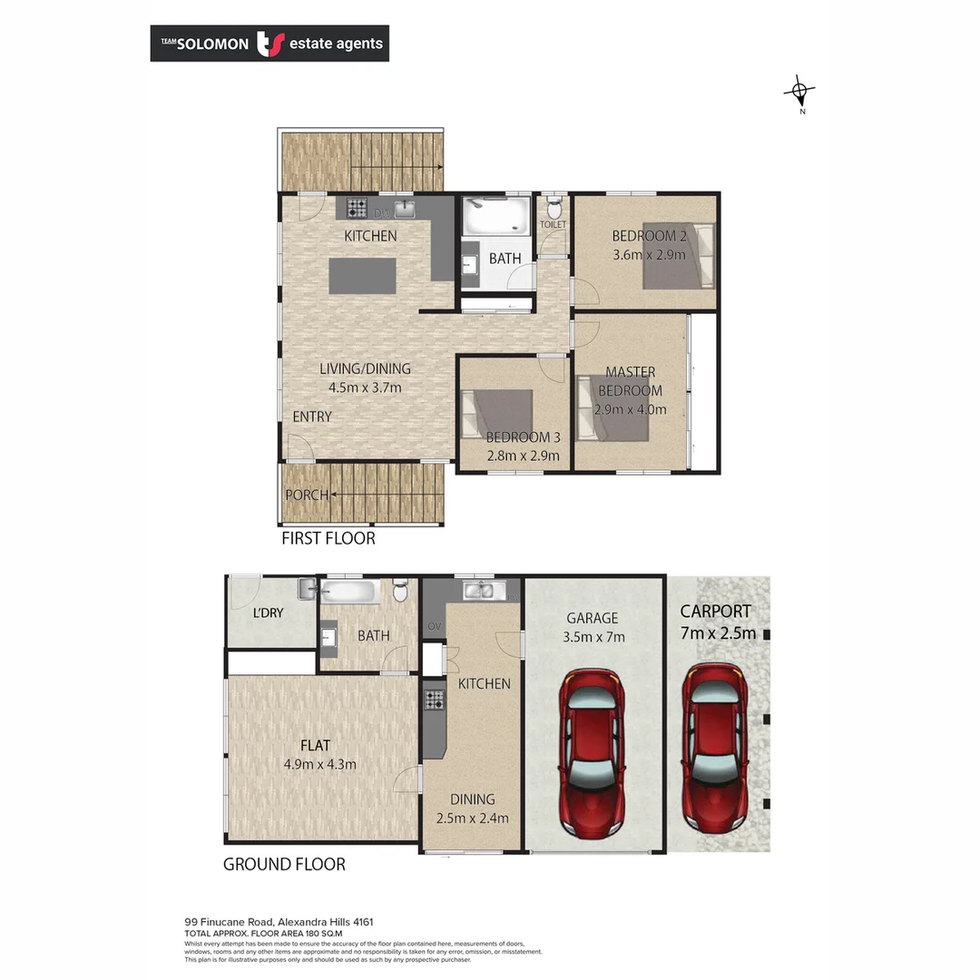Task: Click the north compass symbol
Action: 799,91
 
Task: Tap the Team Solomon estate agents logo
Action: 269,43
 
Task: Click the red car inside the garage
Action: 593,754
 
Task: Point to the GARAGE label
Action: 593,618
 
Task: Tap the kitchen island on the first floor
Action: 363,276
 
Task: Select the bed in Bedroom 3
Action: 496,414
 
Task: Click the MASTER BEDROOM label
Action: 630,381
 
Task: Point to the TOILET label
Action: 553,224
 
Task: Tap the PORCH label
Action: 307,495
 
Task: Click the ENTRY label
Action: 311,416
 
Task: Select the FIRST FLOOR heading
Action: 328,538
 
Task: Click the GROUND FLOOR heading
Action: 284,864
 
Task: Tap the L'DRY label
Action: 268,612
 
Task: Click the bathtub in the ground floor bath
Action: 349,593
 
